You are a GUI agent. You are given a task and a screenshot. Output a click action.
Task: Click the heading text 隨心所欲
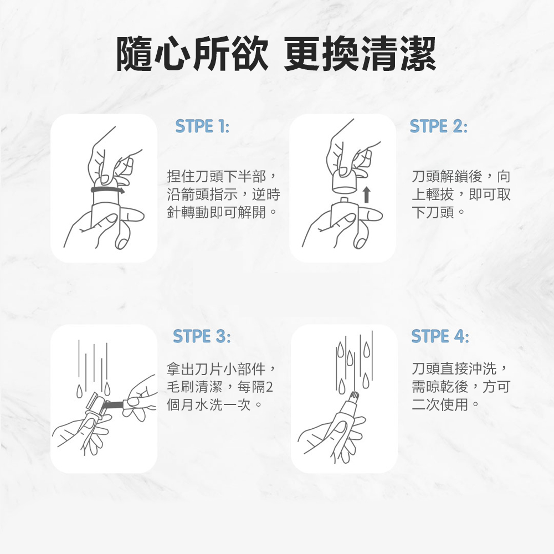[192, 54]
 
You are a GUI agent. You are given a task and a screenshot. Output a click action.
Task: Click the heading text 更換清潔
[360, 54]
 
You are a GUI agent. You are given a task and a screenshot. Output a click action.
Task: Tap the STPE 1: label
[202, 126]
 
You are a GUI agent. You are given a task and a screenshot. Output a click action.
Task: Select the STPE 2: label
[438, 126]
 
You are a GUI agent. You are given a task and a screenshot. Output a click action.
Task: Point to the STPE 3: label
[202, 336]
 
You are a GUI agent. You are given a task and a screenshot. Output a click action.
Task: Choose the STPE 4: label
[440, 336]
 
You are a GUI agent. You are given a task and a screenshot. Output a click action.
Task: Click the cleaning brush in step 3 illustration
[113, 403]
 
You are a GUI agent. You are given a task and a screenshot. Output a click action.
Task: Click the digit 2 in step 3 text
[269, 387]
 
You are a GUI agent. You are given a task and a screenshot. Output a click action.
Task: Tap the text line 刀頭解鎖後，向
[461, 176]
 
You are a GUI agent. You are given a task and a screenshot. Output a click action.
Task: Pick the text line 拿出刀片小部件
[216, 369]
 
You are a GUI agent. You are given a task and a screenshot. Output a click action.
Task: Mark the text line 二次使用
[440, 404]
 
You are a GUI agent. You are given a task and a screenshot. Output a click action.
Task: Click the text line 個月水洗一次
[209, 404]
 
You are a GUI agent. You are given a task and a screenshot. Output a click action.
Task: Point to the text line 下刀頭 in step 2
[433, 212]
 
